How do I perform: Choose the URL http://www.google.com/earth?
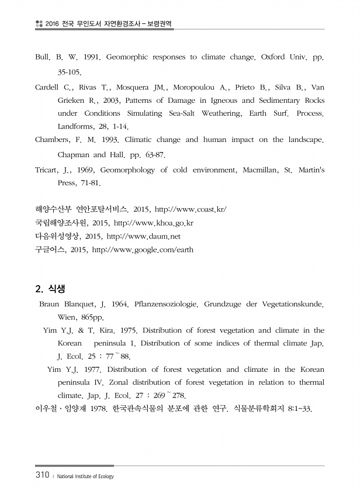(143, 250)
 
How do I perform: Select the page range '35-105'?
(69, 72)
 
